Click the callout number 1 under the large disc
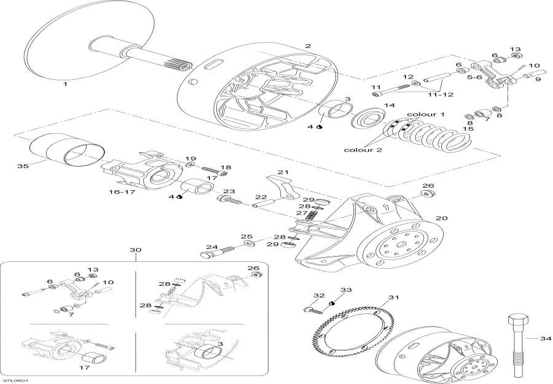click(65, 84)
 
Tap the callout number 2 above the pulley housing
click(308, 46)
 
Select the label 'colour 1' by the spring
click(426, 114)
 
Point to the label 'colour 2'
click(363, 150)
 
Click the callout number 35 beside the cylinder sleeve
click(23, 166)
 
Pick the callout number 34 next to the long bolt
click(546, 339)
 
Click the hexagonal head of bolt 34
click(518, 321)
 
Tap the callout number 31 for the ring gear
click(394, 298)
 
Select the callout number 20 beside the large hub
click(442, 218)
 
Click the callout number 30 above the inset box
click(135, 250)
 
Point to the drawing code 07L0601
click(15, 380)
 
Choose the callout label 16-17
click(122, 192)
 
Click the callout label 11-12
click(441, 94)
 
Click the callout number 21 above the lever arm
click(283, 172)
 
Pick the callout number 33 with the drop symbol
click(346, 290)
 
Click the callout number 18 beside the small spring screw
click(226, 167)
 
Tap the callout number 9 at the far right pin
click(538, 79)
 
